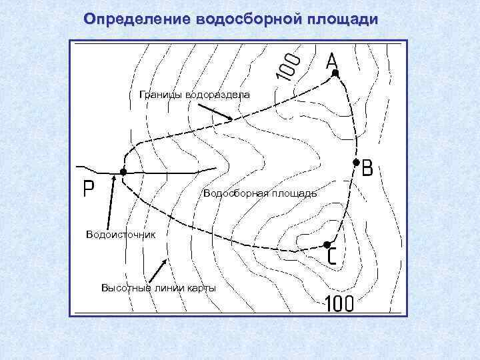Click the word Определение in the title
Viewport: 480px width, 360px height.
point(137,19)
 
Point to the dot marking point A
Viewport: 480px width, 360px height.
point(335,73)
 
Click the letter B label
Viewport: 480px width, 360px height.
point(367,169)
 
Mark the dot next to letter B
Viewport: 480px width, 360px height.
point(356,163)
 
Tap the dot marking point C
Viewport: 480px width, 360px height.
point(327,245)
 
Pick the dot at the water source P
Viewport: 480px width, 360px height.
point(123,172)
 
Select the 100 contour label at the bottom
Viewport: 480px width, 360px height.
point(339,304)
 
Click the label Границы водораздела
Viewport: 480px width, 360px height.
point(195,95)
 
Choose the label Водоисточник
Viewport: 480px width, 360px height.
point(120,234)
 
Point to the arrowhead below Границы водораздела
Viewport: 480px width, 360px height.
point(230,119)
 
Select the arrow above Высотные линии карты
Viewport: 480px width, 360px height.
point(157,268)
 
